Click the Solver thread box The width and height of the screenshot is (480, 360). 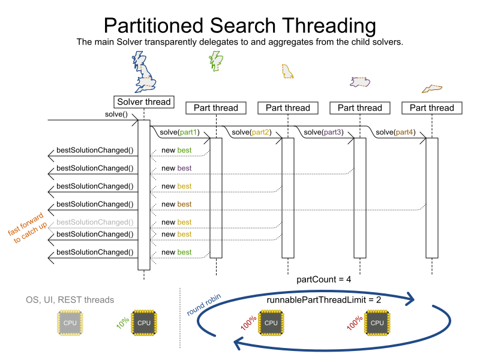click(144, 102)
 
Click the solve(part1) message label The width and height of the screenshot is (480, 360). click(179, 132)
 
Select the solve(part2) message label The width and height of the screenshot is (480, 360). click(251, 132)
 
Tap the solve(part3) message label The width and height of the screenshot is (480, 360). click(323, 132)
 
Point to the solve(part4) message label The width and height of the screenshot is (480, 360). click(395, 132)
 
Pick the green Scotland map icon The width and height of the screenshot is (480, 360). click(215, 60)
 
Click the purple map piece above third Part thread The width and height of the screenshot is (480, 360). click(361, 82)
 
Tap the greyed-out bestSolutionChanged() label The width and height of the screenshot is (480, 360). click(95, 222)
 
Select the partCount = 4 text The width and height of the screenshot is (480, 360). click(323, 280)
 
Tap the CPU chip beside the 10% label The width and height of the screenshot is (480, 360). click(144, 323)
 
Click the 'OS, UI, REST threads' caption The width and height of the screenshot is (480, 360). click(70, 299)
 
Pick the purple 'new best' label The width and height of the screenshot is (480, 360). click(176, 168)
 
